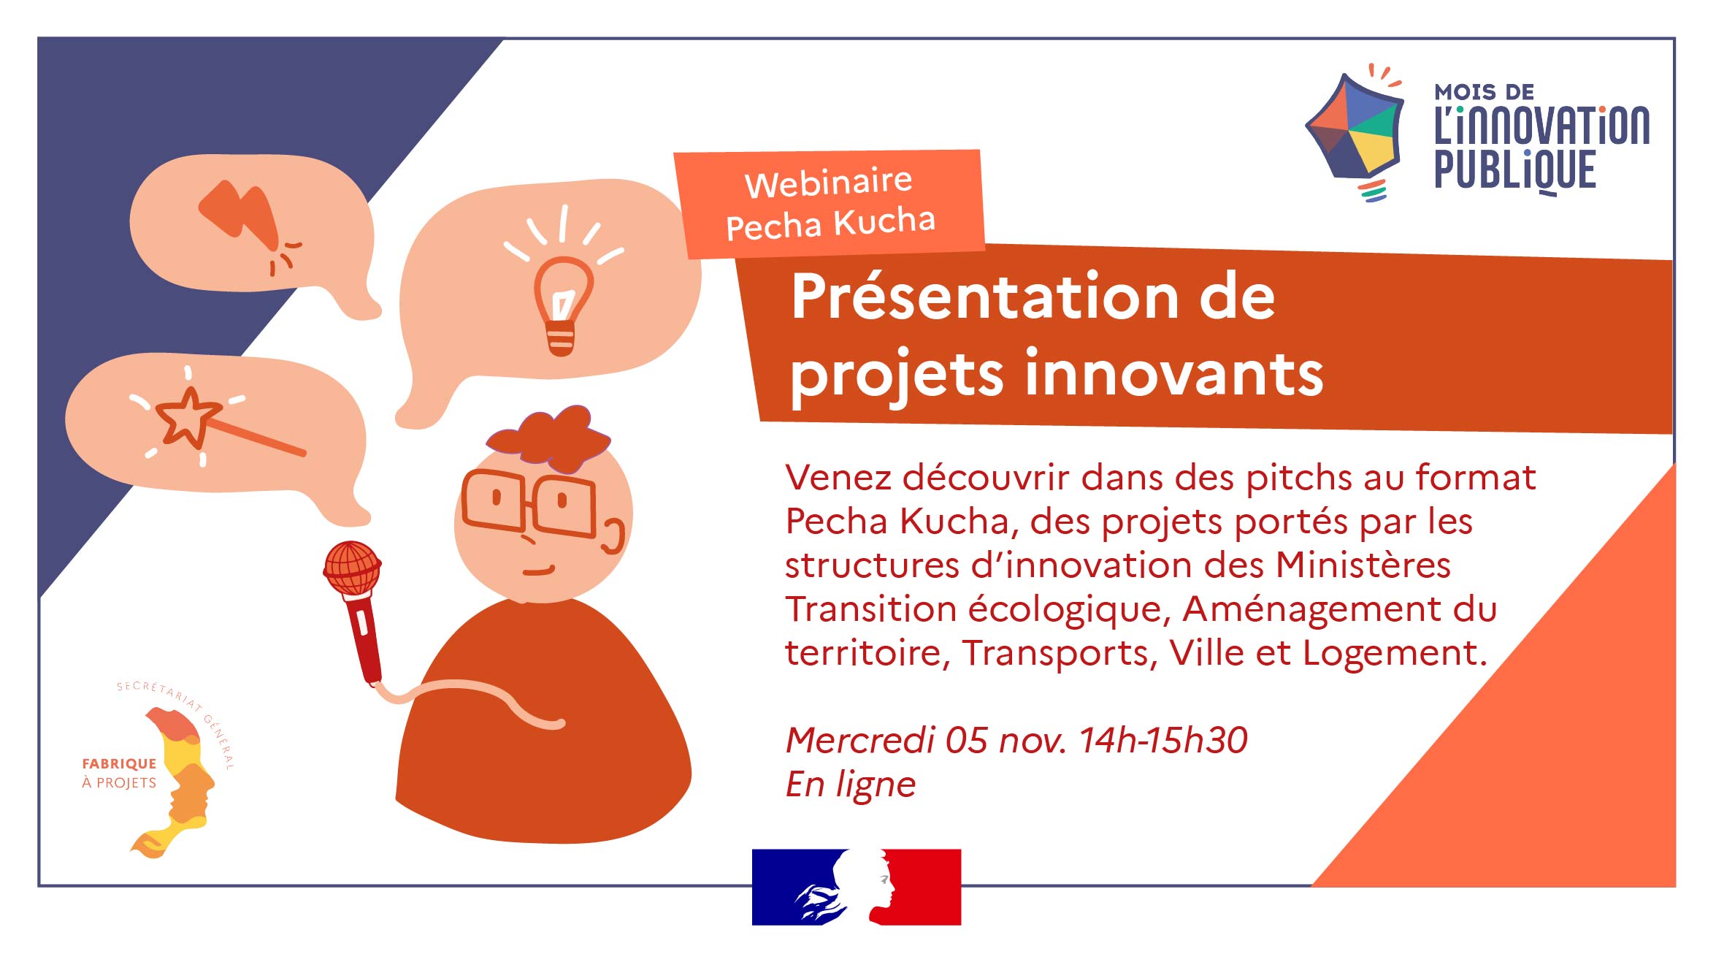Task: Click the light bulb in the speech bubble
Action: [562, 305]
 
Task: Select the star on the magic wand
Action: [188, 418]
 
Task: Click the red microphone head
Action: [352, 568]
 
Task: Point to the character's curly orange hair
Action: [549, 438]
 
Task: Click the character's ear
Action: [614, 536]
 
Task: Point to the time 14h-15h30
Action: [1162, 740]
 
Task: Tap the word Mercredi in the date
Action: [860, 740]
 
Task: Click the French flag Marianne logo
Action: [857, 887]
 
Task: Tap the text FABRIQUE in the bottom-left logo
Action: [119, 764]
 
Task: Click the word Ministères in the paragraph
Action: [1363, 565]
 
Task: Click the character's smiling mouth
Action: [539, 571]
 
